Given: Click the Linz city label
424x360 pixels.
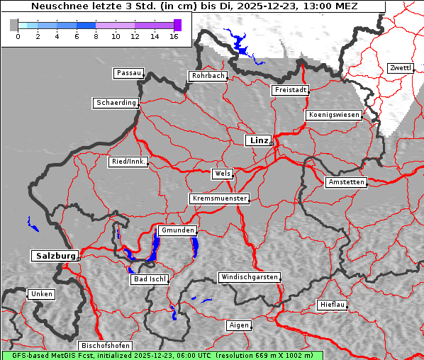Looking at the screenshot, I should [x=258, y=140].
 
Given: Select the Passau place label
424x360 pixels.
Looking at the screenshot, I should [x=128, y=73].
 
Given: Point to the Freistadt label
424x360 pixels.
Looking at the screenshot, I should [x=290, y=90].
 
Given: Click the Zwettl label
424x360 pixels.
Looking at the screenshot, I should [x=400, y=68].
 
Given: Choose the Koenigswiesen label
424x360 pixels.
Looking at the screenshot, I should [x=334, y=115].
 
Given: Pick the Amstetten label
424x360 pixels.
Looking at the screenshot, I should [x=345, y=182].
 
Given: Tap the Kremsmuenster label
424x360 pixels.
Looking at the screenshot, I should [x=220, y=198].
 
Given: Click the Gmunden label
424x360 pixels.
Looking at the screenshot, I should [x=177, y=231].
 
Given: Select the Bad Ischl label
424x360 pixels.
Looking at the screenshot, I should [x=150, y=279].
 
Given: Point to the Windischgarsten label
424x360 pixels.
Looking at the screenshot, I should [x=248, y=277].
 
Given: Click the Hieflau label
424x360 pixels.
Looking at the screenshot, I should [x=333, y=305].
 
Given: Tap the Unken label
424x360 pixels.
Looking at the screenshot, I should [x=41, y=294].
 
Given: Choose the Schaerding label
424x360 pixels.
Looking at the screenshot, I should [x=116, y=103].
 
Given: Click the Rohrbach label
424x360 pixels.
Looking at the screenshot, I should [x=207, y=76].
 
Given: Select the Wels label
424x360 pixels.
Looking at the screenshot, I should [x=221, y=174].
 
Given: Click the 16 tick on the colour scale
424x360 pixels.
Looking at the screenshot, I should [x=174, y=36].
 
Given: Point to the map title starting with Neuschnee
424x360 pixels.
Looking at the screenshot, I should [x=194, y=6].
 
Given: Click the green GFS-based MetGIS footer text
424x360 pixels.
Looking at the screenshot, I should [x=162, y=355].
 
